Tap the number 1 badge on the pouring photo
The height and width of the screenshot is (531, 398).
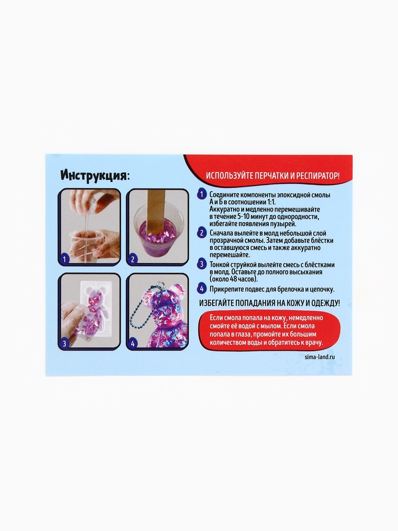(x=65, y=260)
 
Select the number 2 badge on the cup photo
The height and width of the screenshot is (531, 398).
(x=132, y=260)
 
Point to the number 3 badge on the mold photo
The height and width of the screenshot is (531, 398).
(x=65, y=343)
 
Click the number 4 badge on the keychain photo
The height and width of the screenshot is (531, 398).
(x=132, y=343)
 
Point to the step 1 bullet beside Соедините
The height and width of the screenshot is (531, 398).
(x=202, y=195)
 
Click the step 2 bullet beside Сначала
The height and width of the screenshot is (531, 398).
(x=202, y=233)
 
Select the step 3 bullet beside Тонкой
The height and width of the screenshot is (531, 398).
(x=202, y=264)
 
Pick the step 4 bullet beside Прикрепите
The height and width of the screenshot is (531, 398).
(x=202, y=289)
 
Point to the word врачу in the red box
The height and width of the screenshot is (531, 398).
(x=315, y=342)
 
